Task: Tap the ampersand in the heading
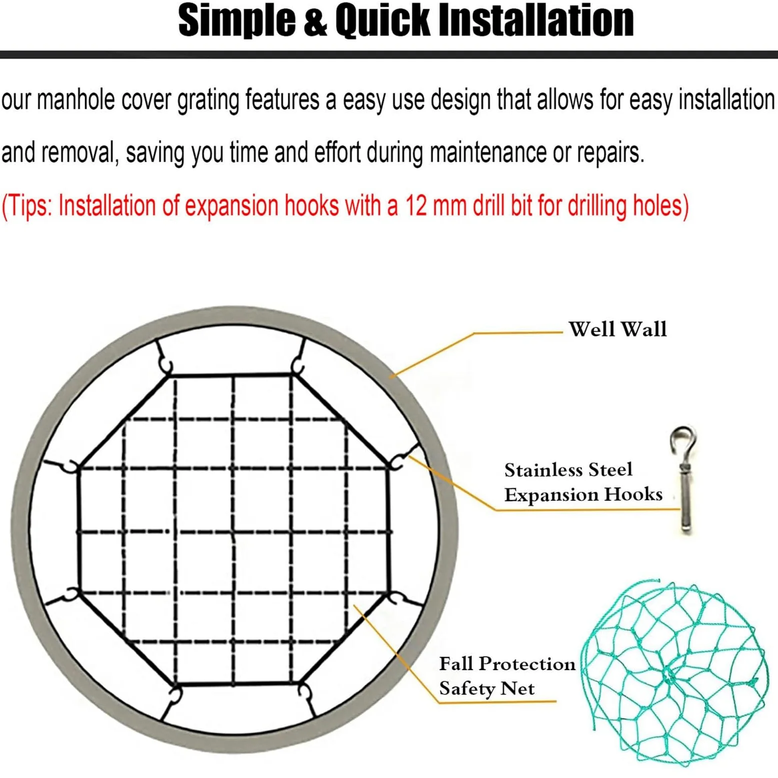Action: point(315,21)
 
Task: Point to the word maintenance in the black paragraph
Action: point(488,152)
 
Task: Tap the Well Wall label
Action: point(618,329)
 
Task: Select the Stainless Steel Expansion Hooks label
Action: point(583,482)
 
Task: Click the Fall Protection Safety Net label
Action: point(507,676)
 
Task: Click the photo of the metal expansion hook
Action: point(684,480)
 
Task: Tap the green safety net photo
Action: point(675,673)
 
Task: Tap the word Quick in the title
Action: point(383,21)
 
